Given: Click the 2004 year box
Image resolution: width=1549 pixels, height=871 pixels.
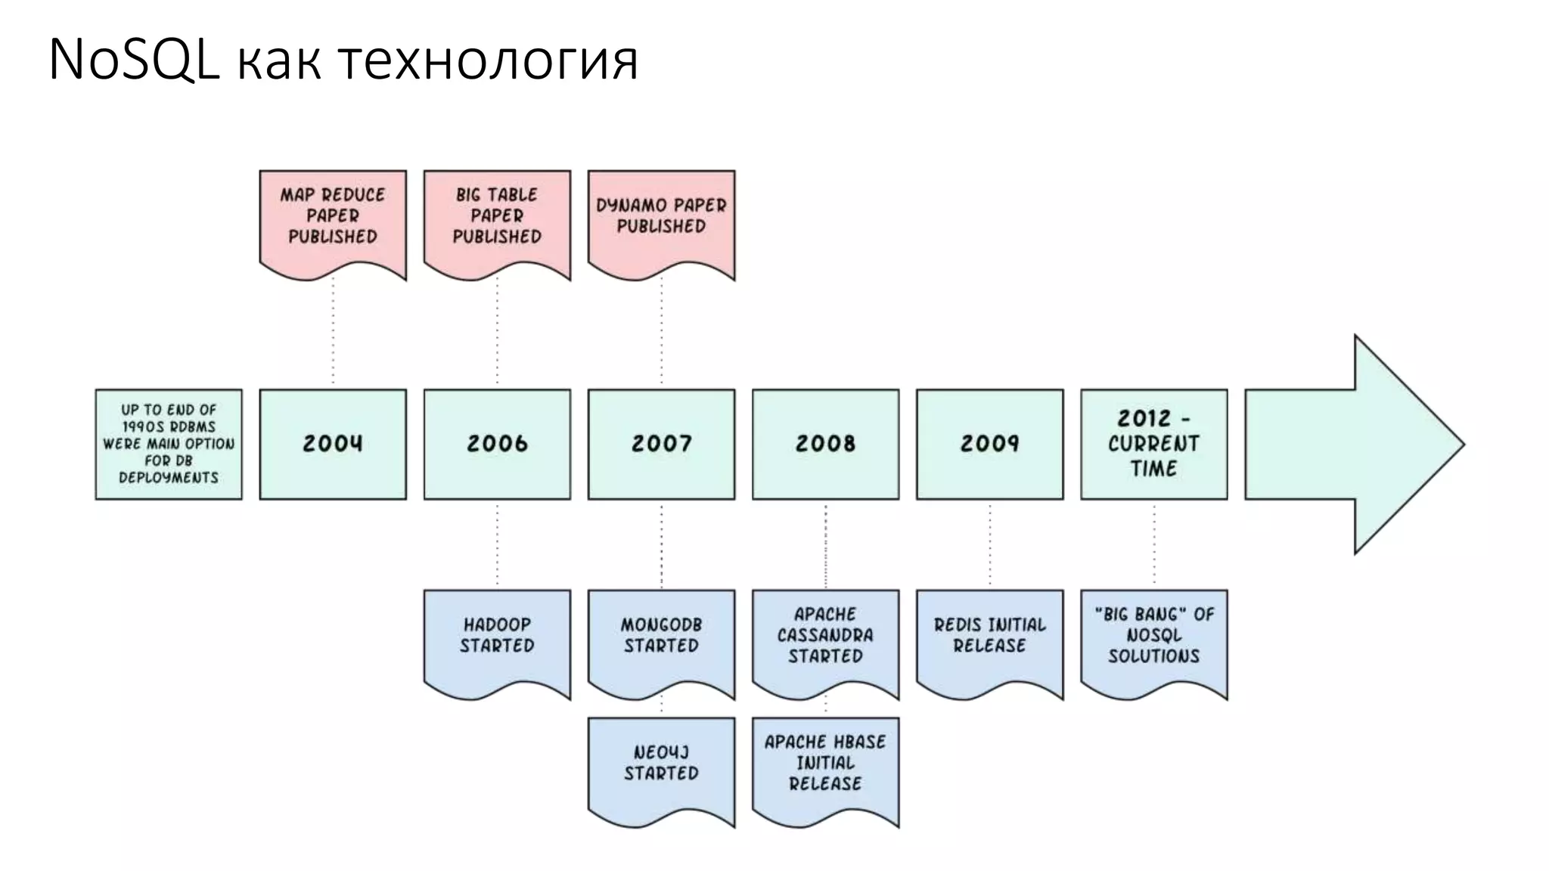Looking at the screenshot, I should pos(333,444).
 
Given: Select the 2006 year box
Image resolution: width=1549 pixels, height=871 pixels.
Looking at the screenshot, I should pos(497,444).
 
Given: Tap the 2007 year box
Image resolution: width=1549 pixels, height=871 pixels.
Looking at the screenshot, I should pos(661,444).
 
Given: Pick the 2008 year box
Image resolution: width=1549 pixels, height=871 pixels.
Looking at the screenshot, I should pos(825,444).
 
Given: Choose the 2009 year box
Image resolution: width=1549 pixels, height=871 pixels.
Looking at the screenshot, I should pos(989,444).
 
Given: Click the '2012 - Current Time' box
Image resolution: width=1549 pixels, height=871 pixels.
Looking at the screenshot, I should pos(1153,444).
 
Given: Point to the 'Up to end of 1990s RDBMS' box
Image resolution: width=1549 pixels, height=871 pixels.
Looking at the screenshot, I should pos(169,444).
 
